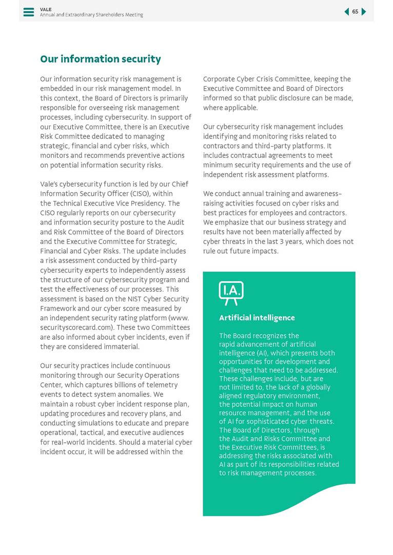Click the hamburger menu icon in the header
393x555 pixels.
point(29,12)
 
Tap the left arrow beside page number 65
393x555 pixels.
point(347,12)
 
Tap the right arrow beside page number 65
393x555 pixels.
point(364,12)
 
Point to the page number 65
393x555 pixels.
point(355,12)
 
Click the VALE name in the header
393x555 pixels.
point(46,9)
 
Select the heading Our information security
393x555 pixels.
point(101,59)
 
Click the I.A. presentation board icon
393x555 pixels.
point(231,293)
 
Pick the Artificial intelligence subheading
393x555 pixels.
point(257,318)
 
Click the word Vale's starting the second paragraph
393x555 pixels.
point(50,184)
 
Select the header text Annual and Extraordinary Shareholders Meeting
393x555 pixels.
point(91,15)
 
